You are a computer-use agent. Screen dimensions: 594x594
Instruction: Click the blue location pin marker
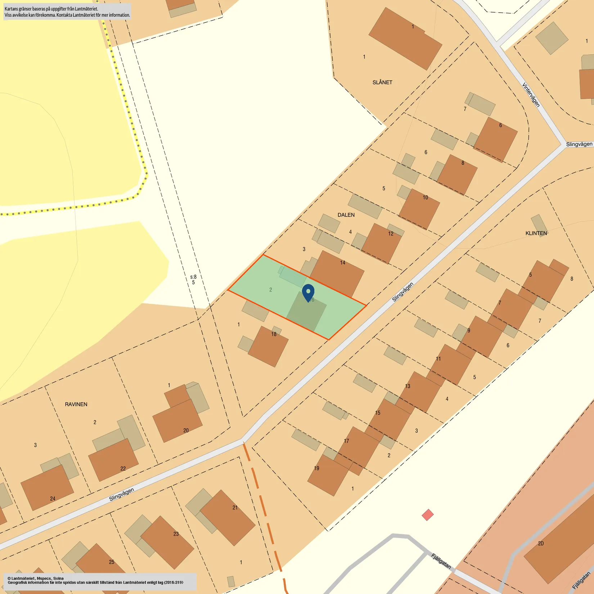pos(308,292)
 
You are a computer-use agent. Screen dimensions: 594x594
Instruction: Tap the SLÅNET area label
pos(382,82)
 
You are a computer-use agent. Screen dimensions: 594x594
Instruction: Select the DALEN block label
pos(346,215)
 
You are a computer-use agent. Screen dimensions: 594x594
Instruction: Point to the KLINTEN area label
pos(536,233)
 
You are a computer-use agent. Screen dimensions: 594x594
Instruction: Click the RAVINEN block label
pos(76,404)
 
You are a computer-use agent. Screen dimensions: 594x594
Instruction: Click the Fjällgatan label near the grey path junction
pos(441,561)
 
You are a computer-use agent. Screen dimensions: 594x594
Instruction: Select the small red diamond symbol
pos(428,515)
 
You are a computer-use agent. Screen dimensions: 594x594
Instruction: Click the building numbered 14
pos(337,274)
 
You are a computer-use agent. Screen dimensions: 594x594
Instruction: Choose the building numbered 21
pos(228,517)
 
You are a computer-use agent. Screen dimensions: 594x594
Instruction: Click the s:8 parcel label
pos(193,277)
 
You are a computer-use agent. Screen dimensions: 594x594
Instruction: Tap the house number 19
pos(316,468)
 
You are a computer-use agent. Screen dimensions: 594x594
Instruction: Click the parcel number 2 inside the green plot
pos(271,290)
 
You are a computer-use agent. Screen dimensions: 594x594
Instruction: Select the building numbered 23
pos(167,542)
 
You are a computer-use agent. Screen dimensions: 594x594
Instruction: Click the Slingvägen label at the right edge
pos(579,144)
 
